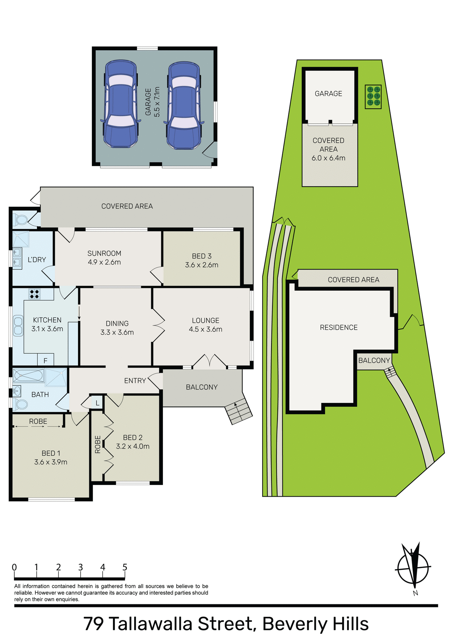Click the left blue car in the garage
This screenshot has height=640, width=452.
120,104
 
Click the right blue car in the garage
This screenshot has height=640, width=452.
184,105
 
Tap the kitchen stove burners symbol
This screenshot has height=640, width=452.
34,294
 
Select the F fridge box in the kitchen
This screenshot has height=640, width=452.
46,360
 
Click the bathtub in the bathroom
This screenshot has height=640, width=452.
28,376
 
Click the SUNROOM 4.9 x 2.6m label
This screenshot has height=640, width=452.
104,258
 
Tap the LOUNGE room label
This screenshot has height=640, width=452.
206,325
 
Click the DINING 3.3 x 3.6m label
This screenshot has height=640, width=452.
117,328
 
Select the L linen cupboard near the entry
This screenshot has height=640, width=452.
97,403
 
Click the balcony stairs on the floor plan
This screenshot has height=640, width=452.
238,412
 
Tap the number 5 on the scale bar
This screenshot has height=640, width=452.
125,567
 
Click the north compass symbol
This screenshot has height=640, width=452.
413,569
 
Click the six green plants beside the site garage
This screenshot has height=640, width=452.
373,96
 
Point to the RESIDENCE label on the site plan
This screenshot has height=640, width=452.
338,327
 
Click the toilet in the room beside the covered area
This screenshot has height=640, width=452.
21,220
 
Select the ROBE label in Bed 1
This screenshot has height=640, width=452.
38,421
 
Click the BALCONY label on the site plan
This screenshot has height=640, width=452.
374,360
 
